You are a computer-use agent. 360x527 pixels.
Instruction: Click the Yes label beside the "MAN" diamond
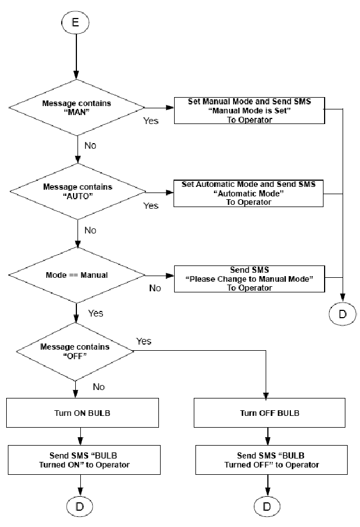151,121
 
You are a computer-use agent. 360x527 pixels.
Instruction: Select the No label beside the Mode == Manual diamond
155,288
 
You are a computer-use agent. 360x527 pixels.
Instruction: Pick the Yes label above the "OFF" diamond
144,341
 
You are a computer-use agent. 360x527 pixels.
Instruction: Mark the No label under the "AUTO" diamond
90,230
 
